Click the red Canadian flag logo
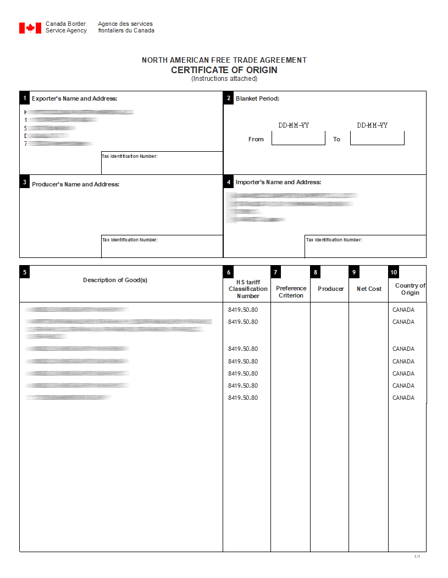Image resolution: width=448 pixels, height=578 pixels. [x=30, y=28]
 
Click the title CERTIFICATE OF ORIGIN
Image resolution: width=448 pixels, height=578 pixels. [x=224, y=70]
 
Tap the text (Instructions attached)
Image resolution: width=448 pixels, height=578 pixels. [x=224, y=79]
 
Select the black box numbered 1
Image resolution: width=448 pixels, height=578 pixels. [x=24, y=98]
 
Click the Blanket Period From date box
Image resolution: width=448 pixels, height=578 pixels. [x=298, y=139]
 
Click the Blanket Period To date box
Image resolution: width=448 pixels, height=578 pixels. [x=377, y=139]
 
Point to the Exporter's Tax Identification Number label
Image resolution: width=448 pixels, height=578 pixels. [x=130, y=157]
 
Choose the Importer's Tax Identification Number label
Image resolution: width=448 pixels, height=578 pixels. [x=334, y=240]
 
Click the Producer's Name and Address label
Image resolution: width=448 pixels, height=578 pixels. [x=75, y=184]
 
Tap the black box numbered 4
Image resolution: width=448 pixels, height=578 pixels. [x=228, y=181]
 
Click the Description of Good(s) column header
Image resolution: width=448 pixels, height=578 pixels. [x=115, y=280]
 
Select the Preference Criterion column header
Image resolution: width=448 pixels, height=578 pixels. [x=291, y=291]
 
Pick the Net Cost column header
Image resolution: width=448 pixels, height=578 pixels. [x=369, y=289]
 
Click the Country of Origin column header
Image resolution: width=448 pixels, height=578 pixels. [x=410, y=289]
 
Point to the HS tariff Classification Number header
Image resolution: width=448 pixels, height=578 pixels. [x=248, y=289]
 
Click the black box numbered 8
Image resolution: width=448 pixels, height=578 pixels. [x=315, y=272]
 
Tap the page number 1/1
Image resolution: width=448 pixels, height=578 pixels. [x=417, y=557]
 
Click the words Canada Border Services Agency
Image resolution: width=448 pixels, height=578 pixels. [x=66, y=27]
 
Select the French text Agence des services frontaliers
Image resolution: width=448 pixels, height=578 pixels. [x=126, y=27]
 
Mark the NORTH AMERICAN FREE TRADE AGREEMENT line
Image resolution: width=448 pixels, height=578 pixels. [x=224, y=60]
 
